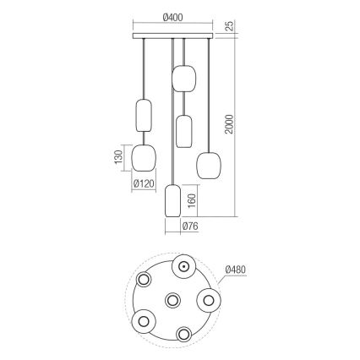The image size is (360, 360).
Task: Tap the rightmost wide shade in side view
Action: tap(209, 163)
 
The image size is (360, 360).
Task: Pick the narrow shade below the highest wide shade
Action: tap(184, 129)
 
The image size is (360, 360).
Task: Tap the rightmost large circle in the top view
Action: tap(208, 299)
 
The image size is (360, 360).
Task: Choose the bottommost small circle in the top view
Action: tap(183, 332)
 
